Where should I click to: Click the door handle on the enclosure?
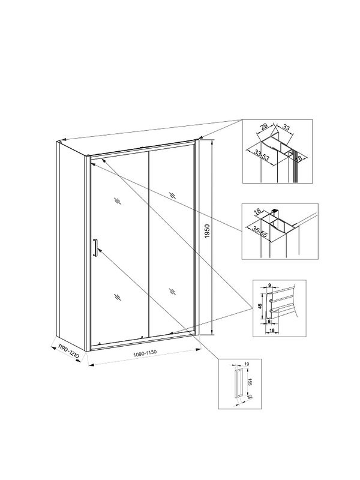pyautogui.click(x=94, y=248)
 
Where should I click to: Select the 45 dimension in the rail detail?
pyautogui.click(x=260, y=304)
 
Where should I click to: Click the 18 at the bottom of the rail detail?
pyautogui.click(x=272, y=330)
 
